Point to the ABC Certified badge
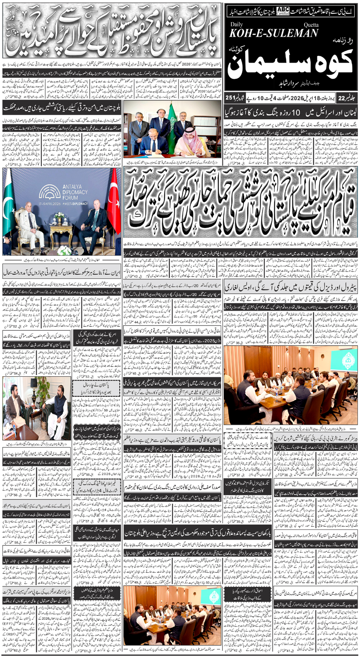click(282, 10)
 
